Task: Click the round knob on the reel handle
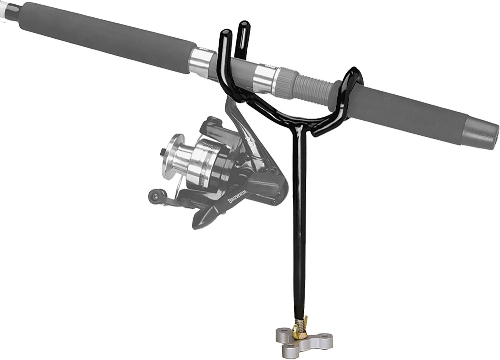tap(154, 197)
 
